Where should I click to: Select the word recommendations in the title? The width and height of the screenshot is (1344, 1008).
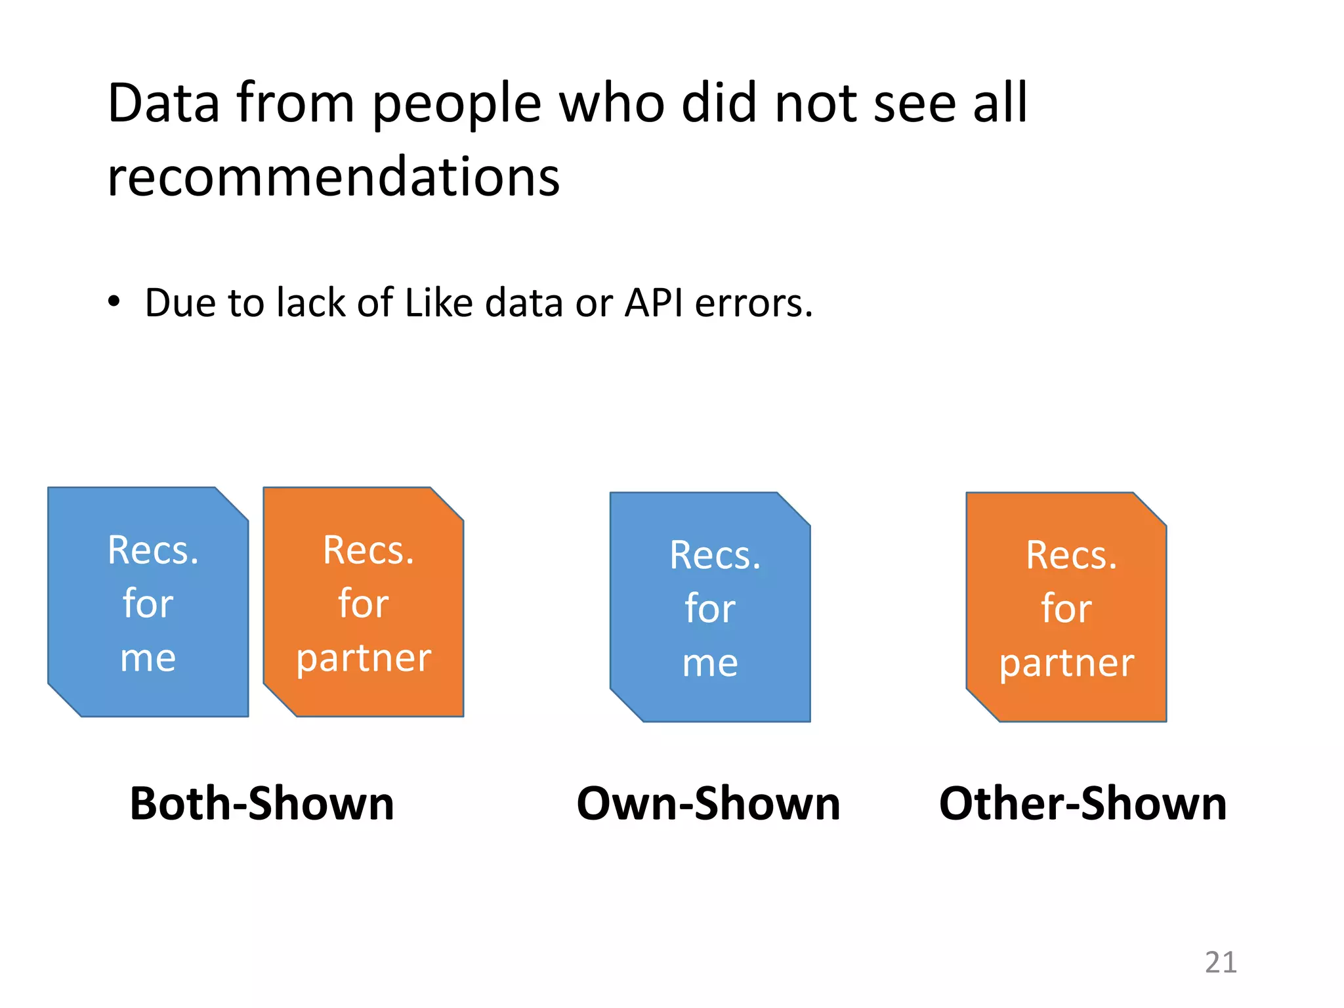point(333,177)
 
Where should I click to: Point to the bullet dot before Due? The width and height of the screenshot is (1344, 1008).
point(114,302)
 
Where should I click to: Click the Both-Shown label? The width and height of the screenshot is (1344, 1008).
point(262,803)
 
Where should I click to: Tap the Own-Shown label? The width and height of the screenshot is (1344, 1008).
point(708,803)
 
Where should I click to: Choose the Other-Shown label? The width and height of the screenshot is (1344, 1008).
point(1083,803)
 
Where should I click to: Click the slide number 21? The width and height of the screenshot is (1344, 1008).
point(1221,963)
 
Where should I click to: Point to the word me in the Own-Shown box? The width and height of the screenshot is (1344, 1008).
point(710,663)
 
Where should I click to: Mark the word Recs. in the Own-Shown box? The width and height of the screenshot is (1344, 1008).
point(715,555)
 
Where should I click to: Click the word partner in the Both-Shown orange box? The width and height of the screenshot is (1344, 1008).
point(364,659)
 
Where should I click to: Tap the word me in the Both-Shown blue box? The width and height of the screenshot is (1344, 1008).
point(148,658)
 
